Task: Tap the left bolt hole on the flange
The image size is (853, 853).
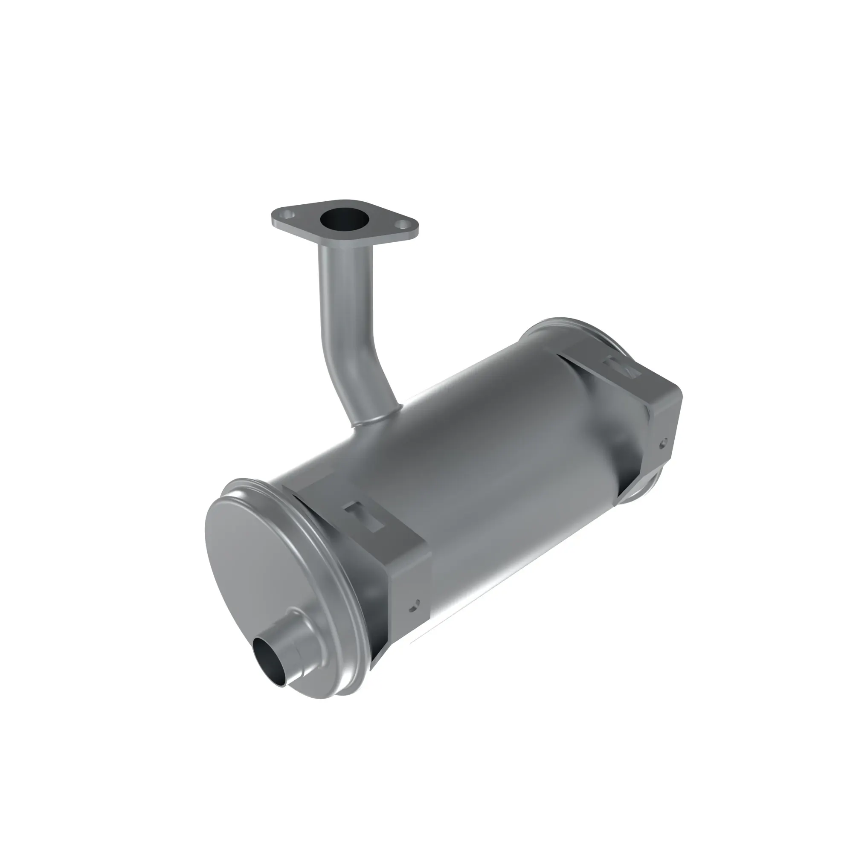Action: pos(288,215)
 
